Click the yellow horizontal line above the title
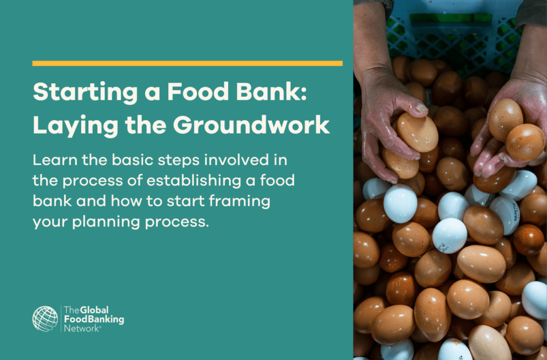tap(187, 63)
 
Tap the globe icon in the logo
tap(45, 318)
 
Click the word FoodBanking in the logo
tap(93, 319)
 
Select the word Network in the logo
tap(81, 328)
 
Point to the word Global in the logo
tap(94, 310)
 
